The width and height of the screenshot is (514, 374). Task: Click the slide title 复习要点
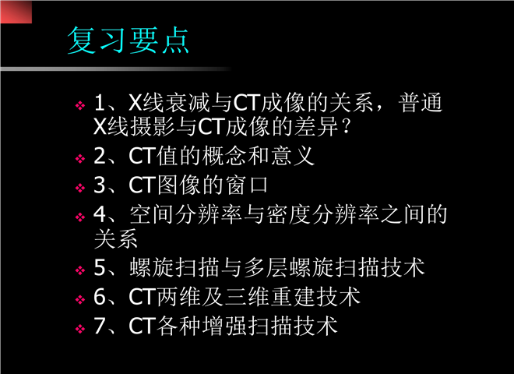(128, 41)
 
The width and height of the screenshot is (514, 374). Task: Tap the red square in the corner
(16, 12)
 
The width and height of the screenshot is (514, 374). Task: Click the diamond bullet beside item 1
(80, 106)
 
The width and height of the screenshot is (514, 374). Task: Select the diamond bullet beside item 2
(80, 159)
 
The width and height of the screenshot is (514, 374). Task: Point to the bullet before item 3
(80, 188)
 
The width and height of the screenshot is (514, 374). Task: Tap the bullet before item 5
(80, 270)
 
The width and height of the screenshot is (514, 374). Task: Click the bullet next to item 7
(80, 329)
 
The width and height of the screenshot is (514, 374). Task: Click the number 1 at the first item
(100, 103)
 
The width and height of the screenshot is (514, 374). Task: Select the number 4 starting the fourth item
(100, 214)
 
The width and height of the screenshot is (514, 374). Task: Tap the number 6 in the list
(100, 297)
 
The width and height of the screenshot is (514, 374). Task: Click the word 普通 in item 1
(421, 103)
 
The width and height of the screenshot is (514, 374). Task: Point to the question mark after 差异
(346, 126)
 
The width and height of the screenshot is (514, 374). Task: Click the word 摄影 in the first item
(152, 127)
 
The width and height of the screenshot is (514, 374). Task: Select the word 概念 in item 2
(224, 156)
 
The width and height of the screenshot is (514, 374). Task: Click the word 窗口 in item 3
(247, 185)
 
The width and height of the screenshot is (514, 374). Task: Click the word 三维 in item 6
(247, 297)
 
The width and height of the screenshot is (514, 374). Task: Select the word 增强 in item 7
(224, 326)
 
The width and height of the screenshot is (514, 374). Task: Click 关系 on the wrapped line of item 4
(115, 238)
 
